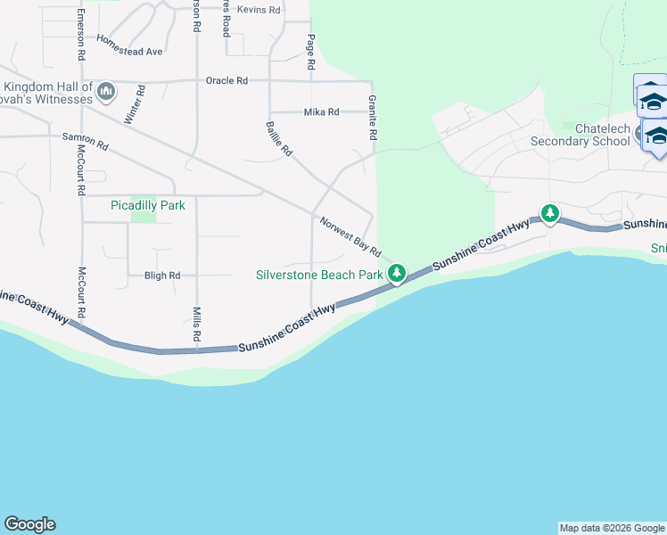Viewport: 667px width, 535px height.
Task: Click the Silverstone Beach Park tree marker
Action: [397, 274]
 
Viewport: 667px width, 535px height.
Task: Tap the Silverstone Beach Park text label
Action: [319, 275]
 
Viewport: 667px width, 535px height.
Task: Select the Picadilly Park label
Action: [148, 205]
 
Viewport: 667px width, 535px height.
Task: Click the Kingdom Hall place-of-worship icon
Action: [107, 91]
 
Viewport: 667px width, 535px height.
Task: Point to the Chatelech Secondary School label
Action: [580, 135]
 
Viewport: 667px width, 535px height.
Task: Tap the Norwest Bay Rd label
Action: [350, 235]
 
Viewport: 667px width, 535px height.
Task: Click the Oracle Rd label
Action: [226, 80]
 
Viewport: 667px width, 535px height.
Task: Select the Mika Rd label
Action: [322, 111]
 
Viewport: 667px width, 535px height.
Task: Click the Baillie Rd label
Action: [278, 139]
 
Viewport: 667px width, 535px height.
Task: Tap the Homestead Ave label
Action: [130, 45]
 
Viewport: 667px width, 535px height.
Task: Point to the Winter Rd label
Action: [135, 105]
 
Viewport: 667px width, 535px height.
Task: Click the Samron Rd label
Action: [86, 141]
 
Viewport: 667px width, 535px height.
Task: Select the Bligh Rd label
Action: [162, 276]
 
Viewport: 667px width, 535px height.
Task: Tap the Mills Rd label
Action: [196, 325]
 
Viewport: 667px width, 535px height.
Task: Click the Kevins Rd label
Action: [259, 10]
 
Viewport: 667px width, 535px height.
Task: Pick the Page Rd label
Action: [310, 53]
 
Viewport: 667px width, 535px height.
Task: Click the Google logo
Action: [29, 524]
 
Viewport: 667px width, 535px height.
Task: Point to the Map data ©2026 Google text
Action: [611, 528]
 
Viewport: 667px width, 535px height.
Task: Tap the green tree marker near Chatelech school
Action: [550, 214]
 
